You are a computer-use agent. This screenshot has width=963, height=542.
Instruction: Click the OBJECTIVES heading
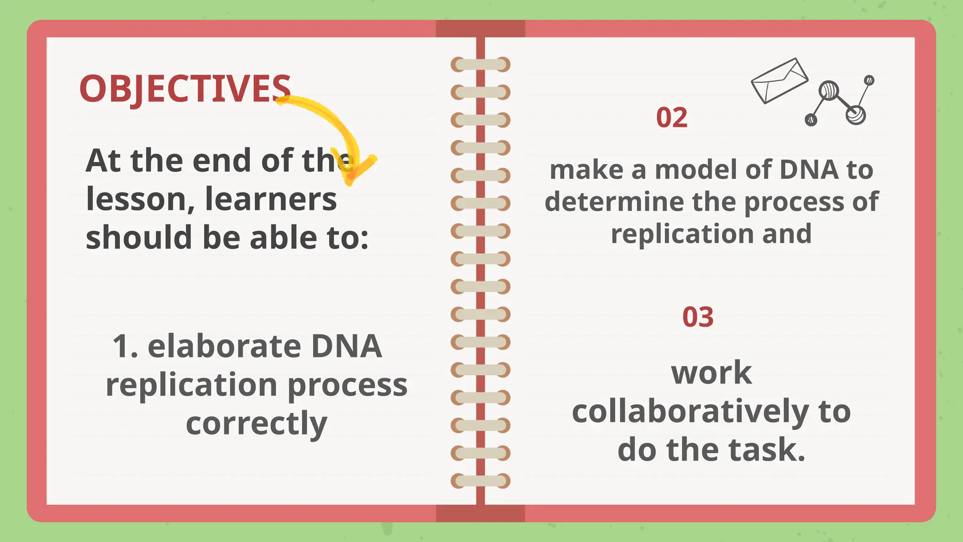[x=185, y=88]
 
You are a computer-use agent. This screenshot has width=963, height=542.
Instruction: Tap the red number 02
[x=671, y=118]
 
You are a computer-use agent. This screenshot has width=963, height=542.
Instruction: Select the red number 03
[x=698, y=317]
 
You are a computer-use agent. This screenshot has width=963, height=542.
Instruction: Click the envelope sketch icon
[x=779, y=80]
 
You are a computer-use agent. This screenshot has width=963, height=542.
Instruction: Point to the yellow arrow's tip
[x=350, y=181]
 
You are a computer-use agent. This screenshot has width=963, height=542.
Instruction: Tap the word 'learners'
[x=271, y=199]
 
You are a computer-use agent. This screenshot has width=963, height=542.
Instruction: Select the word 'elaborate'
[x=224, y=346]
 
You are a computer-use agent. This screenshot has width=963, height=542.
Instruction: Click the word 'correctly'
[x=256, y=423]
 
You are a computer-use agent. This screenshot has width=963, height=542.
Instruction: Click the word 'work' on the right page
[x=711, y=373]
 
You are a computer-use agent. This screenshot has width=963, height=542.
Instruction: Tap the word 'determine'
[x=614, y=202]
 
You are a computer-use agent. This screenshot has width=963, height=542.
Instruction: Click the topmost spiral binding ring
[x=481, y=64]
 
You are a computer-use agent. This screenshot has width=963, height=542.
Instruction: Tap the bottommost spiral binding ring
[x=481, y=481]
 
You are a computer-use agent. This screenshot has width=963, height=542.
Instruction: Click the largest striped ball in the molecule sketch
[x=829, y=90]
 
